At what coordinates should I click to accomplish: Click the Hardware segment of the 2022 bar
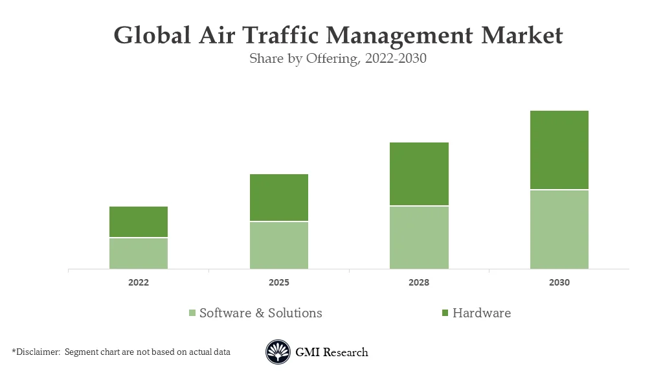pyautogui.click(x=138, y=222)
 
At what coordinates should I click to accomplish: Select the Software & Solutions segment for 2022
pyautogui.click(x=138, y=253)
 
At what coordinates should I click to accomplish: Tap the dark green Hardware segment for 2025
pyautogui.click(x=278, y=198)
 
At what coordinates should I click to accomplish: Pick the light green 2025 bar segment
pyautogui.click(x=278, y=245)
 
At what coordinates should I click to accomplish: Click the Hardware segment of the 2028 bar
pyautogui.click(x=419, y=174)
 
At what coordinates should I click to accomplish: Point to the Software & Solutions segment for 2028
pyautogui.click(x=419, y=238)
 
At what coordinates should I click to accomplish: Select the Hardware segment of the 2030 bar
pyautogui.click(x=559, y=150)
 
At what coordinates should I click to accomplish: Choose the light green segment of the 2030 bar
pyautogui.click(x=559, y=229)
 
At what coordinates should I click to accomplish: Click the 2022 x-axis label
pyautogui.click(x=138, y=283)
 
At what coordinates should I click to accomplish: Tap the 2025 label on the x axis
pyautogui.click(x=278, y=283)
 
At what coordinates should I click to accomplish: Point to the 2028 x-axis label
pyautogui.click(x=419, y=283)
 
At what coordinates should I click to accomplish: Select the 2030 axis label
pyautogui.click(x=559, y=283)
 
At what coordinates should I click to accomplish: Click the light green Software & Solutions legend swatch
pyautogui.click(x=192, y=313)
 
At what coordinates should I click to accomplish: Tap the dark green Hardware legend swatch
pyautogui.click(x=444, y=313)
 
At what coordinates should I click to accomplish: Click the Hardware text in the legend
pyautogui.click(x=481, y=313)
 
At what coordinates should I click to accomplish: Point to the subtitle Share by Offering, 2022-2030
pyautogui.click(x=337, y=58)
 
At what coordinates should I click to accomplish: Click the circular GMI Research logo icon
pyautogui.click(x=278, y=352)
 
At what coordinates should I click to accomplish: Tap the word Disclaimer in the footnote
pyautogui.click(x=38, y=352)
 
